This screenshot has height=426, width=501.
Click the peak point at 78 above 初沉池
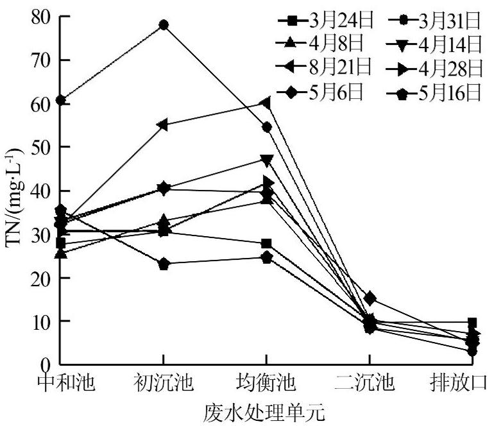click(x=164, y=25)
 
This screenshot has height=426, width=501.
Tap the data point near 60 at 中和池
click(x=60, y=100)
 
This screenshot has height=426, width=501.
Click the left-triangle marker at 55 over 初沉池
click(x=164, y=124)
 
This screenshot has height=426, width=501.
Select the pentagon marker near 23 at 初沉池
click(x=164, y=264)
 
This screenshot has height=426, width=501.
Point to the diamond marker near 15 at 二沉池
click(x=369, y=298)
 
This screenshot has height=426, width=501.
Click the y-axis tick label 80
click(x=40, y=17)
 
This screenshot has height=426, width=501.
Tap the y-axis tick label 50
click(x=40, y=147)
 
